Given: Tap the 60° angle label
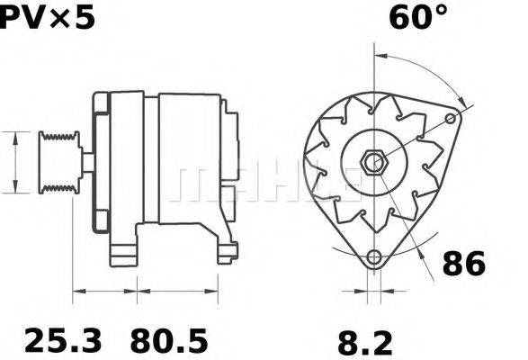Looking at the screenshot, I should tap(416, 16).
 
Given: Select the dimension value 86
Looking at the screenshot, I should tap(464, 264).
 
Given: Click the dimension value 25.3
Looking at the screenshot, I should tap(62, 340).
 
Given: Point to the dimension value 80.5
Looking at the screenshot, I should tap(169, 340).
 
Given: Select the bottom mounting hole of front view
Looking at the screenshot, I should tap(373, 256).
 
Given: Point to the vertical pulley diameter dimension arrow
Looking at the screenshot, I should tap(15, 162).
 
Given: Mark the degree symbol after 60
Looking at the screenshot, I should tap(441, 11).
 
